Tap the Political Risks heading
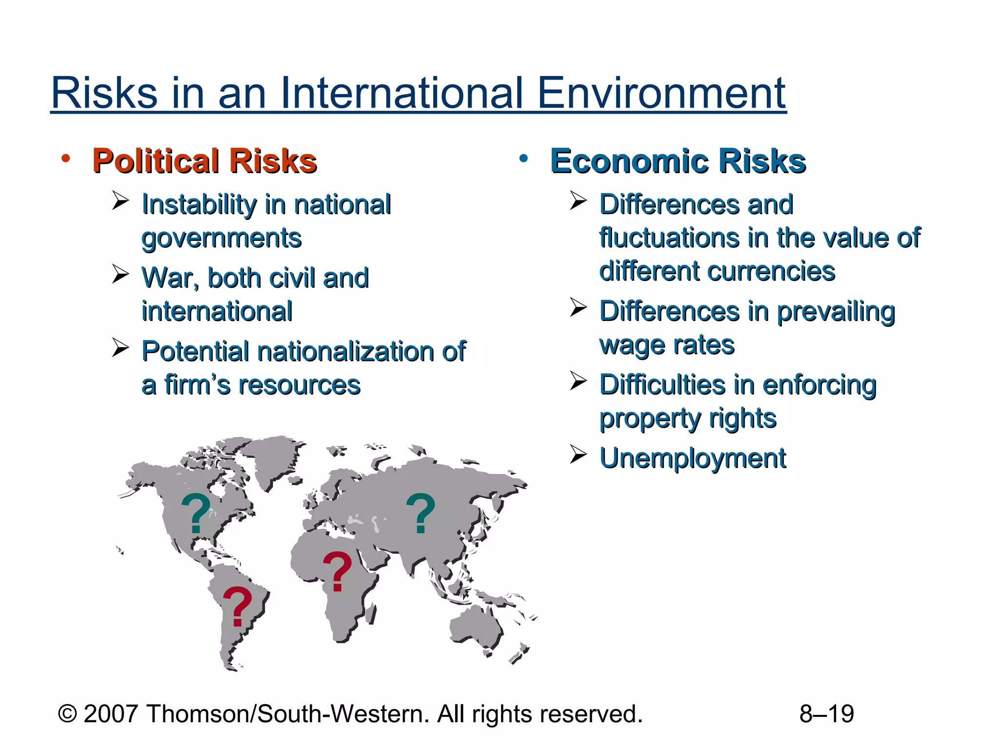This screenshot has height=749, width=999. coord(204,161)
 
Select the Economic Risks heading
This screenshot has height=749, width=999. coord(678,161)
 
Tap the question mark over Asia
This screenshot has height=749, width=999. coord(420,513)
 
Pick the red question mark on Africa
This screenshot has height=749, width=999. coord(337,571)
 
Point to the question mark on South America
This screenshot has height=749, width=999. coord(237,606)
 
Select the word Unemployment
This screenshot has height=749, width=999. coord(693,458)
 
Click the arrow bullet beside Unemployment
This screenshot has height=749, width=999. coord(578,454)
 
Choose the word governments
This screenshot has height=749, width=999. coord(221,238)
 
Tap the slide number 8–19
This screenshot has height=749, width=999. coord(826,714)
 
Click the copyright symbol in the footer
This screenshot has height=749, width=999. coord(67,714)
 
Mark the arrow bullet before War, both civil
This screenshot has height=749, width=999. coord(120,274)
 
